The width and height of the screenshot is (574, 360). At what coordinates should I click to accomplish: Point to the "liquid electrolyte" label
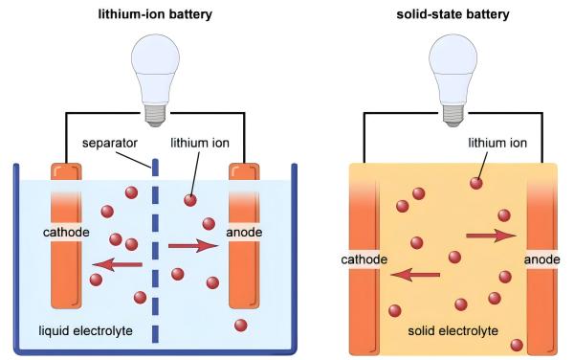(x=86, y=331)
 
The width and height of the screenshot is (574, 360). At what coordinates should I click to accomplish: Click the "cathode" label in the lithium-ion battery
(x=67, y=233)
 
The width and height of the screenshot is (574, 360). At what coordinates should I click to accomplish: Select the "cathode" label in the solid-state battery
(x=364, y=259)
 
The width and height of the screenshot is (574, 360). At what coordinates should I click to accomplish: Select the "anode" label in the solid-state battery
(x=541, y=259)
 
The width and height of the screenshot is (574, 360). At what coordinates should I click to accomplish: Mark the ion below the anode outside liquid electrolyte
(x=240, y=325)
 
